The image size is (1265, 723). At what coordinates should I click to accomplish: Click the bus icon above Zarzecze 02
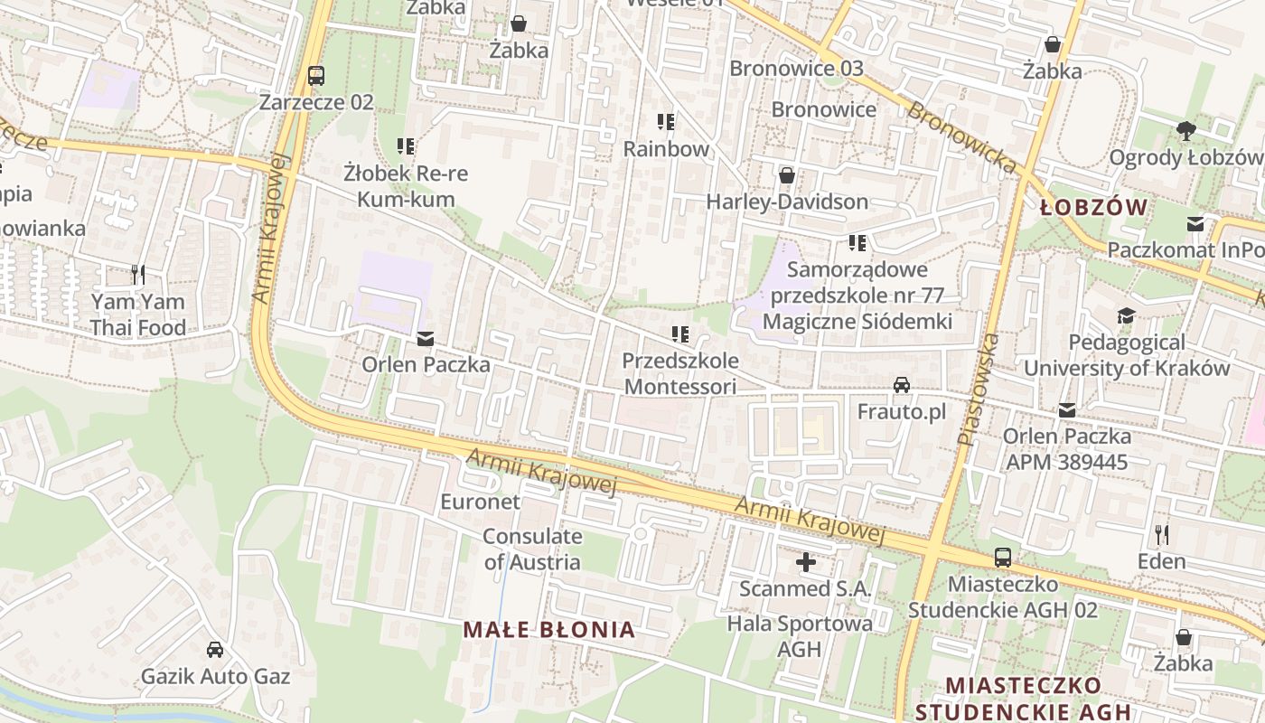coord(315,76)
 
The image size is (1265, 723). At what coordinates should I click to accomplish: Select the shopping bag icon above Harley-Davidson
coord(787,174)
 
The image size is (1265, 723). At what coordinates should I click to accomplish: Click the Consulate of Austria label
coord(532,549)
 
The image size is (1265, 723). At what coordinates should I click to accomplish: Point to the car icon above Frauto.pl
coord(901,385)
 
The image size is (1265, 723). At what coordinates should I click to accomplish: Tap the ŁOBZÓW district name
coord(1093,208)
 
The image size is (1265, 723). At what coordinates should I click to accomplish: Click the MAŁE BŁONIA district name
coord(549,630)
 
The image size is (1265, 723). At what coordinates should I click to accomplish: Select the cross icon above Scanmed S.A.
coord(805,562)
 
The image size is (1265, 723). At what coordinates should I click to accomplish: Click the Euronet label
coord(480,501)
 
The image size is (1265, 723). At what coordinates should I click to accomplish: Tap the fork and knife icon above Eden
coord(1162,534)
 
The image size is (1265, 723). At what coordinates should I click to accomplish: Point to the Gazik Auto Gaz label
coord(215,676)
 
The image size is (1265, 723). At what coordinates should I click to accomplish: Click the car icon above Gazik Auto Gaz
coord(215,649)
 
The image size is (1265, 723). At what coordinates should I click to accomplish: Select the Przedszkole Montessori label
coord(679,373)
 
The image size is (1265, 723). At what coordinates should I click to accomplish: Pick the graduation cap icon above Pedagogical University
coord(1126,315)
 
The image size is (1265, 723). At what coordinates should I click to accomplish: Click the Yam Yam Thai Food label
coord(137,315)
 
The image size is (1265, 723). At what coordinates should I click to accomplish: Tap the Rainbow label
coord(666,148)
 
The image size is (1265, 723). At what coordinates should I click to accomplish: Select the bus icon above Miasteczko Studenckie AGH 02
coord(1002,557)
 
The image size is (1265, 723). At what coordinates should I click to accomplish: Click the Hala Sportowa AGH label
coord(800,635)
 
